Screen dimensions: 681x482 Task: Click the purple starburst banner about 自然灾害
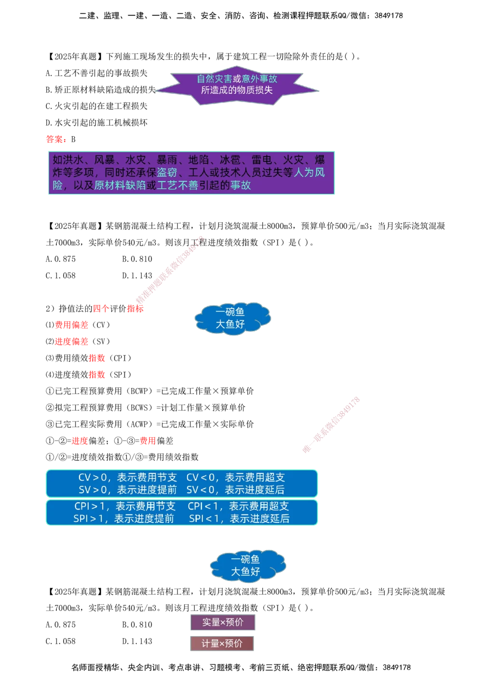[x=236, y=85]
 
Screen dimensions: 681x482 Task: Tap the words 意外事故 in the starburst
[x=259, y=79]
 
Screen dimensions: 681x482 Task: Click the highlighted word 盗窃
[x=167, y=172]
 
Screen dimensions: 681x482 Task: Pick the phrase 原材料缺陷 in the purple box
[x=120, y=185]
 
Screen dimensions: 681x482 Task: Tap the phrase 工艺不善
[x=177, y=185]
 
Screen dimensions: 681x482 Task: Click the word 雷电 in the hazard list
[x=262, y=160]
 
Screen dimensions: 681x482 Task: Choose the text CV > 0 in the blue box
[x=92, y=478]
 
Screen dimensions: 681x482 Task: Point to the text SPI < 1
[x=203, y=519]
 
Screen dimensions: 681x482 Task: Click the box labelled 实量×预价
[x=223, y=622]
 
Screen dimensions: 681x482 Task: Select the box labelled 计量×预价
[x=222, y=643]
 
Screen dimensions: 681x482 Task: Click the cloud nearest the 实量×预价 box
[x=247, y=565]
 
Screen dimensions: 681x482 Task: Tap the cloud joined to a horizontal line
[x=232, y=318]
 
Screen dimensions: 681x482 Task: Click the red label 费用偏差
[x=71, y=325]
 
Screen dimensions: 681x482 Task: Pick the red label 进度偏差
[x=71, y=341]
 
